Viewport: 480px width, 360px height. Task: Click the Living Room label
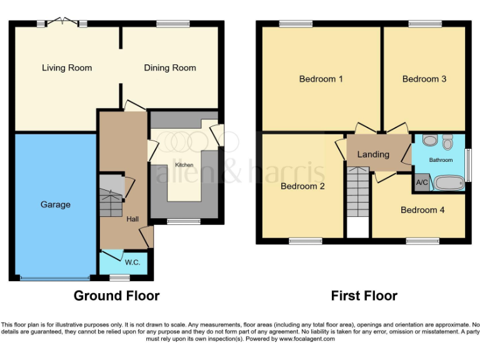pyautogui.click(x=67, y=68)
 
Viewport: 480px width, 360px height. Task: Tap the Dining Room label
pyautogui.click(x=170, y=68)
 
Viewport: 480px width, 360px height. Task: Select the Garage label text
pyautogui.click(x=56, y=204)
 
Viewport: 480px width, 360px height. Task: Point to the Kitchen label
pyautogui.click(x=184, y=165)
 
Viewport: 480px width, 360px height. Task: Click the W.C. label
pyautogui.click(x=132, y=262)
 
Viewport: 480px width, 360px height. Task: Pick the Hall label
pyautogui.click(x=132, y=219)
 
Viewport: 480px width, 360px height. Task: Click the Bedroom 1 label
pyautogui.click(x=321, y=79)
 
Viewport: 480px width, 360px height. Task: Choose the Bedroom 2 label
pyautogui.click(x=302, y=186)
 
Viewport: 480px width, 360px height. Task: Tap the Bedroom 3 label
pyautogui.click(x=424, y=79)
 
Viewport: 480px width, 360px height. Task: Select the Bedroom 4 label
pyautogui.click(x=422, y=210)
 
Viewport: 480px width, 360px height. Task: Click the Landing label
pyautogui.click(x=373, y=154)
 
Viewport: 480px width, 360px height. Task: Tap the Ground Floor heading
pyautogui.click(x=117, y=296)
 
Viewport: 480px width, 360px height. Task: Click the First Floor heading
pyautogui.click(x=364, y=296)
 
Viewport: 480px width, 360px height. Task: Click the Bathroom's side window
pyautogui.click(x=467, y=165)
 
